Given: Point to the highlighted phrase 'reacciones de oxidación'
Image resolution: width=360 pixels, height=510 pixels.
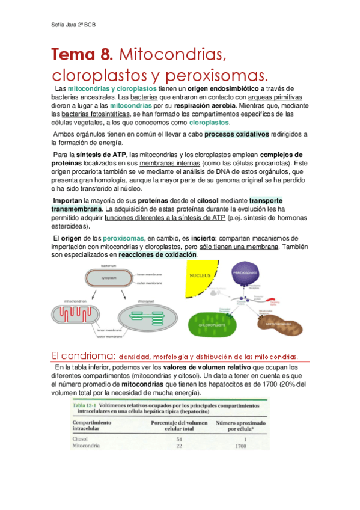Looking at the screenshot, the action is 157,254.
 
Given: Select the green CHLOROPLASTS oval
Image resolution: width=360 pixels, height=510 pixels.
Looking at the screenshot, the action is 216,325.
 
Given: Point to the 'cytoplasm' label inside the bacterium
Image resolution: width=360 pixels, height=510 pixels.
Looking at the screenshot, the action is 110,278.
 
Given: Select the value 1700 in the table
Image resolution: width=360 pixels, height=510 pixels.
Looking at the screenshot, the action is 241,447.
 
